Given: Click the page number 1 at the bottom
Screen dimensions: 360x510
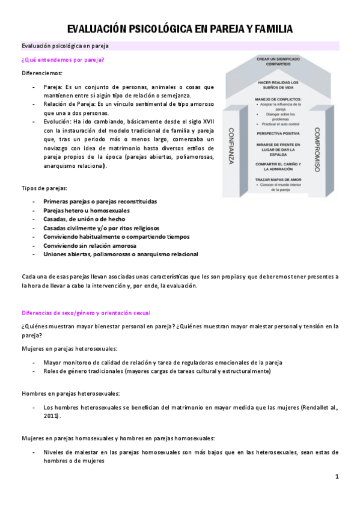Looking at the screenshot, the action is pyautogui.click(x=337, y=477).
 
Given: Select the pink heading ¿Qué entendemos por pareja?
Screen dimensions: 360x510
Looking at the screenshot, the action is pyautogui.click(x=63, y=60).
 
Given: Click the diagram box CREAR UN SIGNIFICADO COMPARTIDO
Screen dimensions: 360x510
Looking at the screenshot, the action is pyautogui.click(x=273, y=61).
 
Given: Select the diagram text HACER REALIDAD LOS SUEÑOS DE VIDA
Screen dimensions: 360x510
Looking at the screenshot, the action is pyautogui.click(x=273, y=84).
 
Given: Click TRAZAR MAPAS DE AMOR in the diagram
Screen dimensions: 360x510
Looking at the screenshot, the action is pyautogui.click(x=273, y=179).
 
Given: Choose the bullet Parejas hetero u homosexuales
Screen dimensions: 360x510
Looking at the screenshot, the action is pyautogui.click(x=86, y=210).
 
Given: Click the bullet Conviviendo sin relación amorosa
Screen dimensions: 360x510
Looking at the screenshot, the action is pyautogui.click(x=91, y=245).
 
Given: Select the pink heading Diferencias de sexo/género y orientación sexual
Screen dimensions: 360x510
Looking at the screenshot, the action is pyautogui.click(x=86, y=313).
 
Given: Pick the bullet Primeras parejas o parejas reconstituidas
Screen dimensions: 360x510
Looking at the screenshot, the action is pyautogui.click(x=100, y=201).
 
